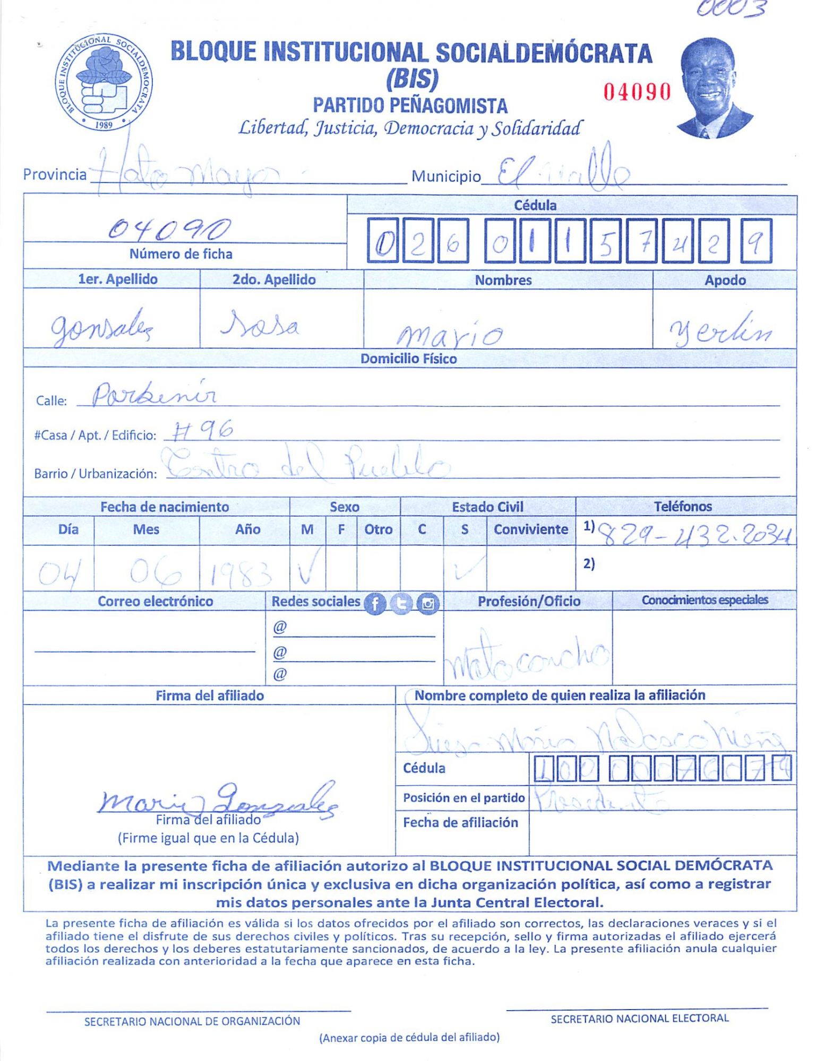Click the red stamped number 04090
(x=637, y=92)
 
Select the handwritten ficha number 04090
(x=169, y=229)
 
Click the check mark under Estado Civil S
(x=466, y=568)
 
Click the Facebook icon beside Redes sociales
(x=375, y=604)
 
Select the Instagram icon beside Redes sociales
(x=428, y=604)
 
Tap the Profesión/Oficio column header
(x=528, y=601)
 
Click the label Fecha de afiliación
(x=460, y=822)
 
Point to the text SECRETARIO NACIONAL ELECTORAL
(x=639, y=1019)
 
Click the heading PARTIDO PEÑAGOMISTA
(x=410, y=106)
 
